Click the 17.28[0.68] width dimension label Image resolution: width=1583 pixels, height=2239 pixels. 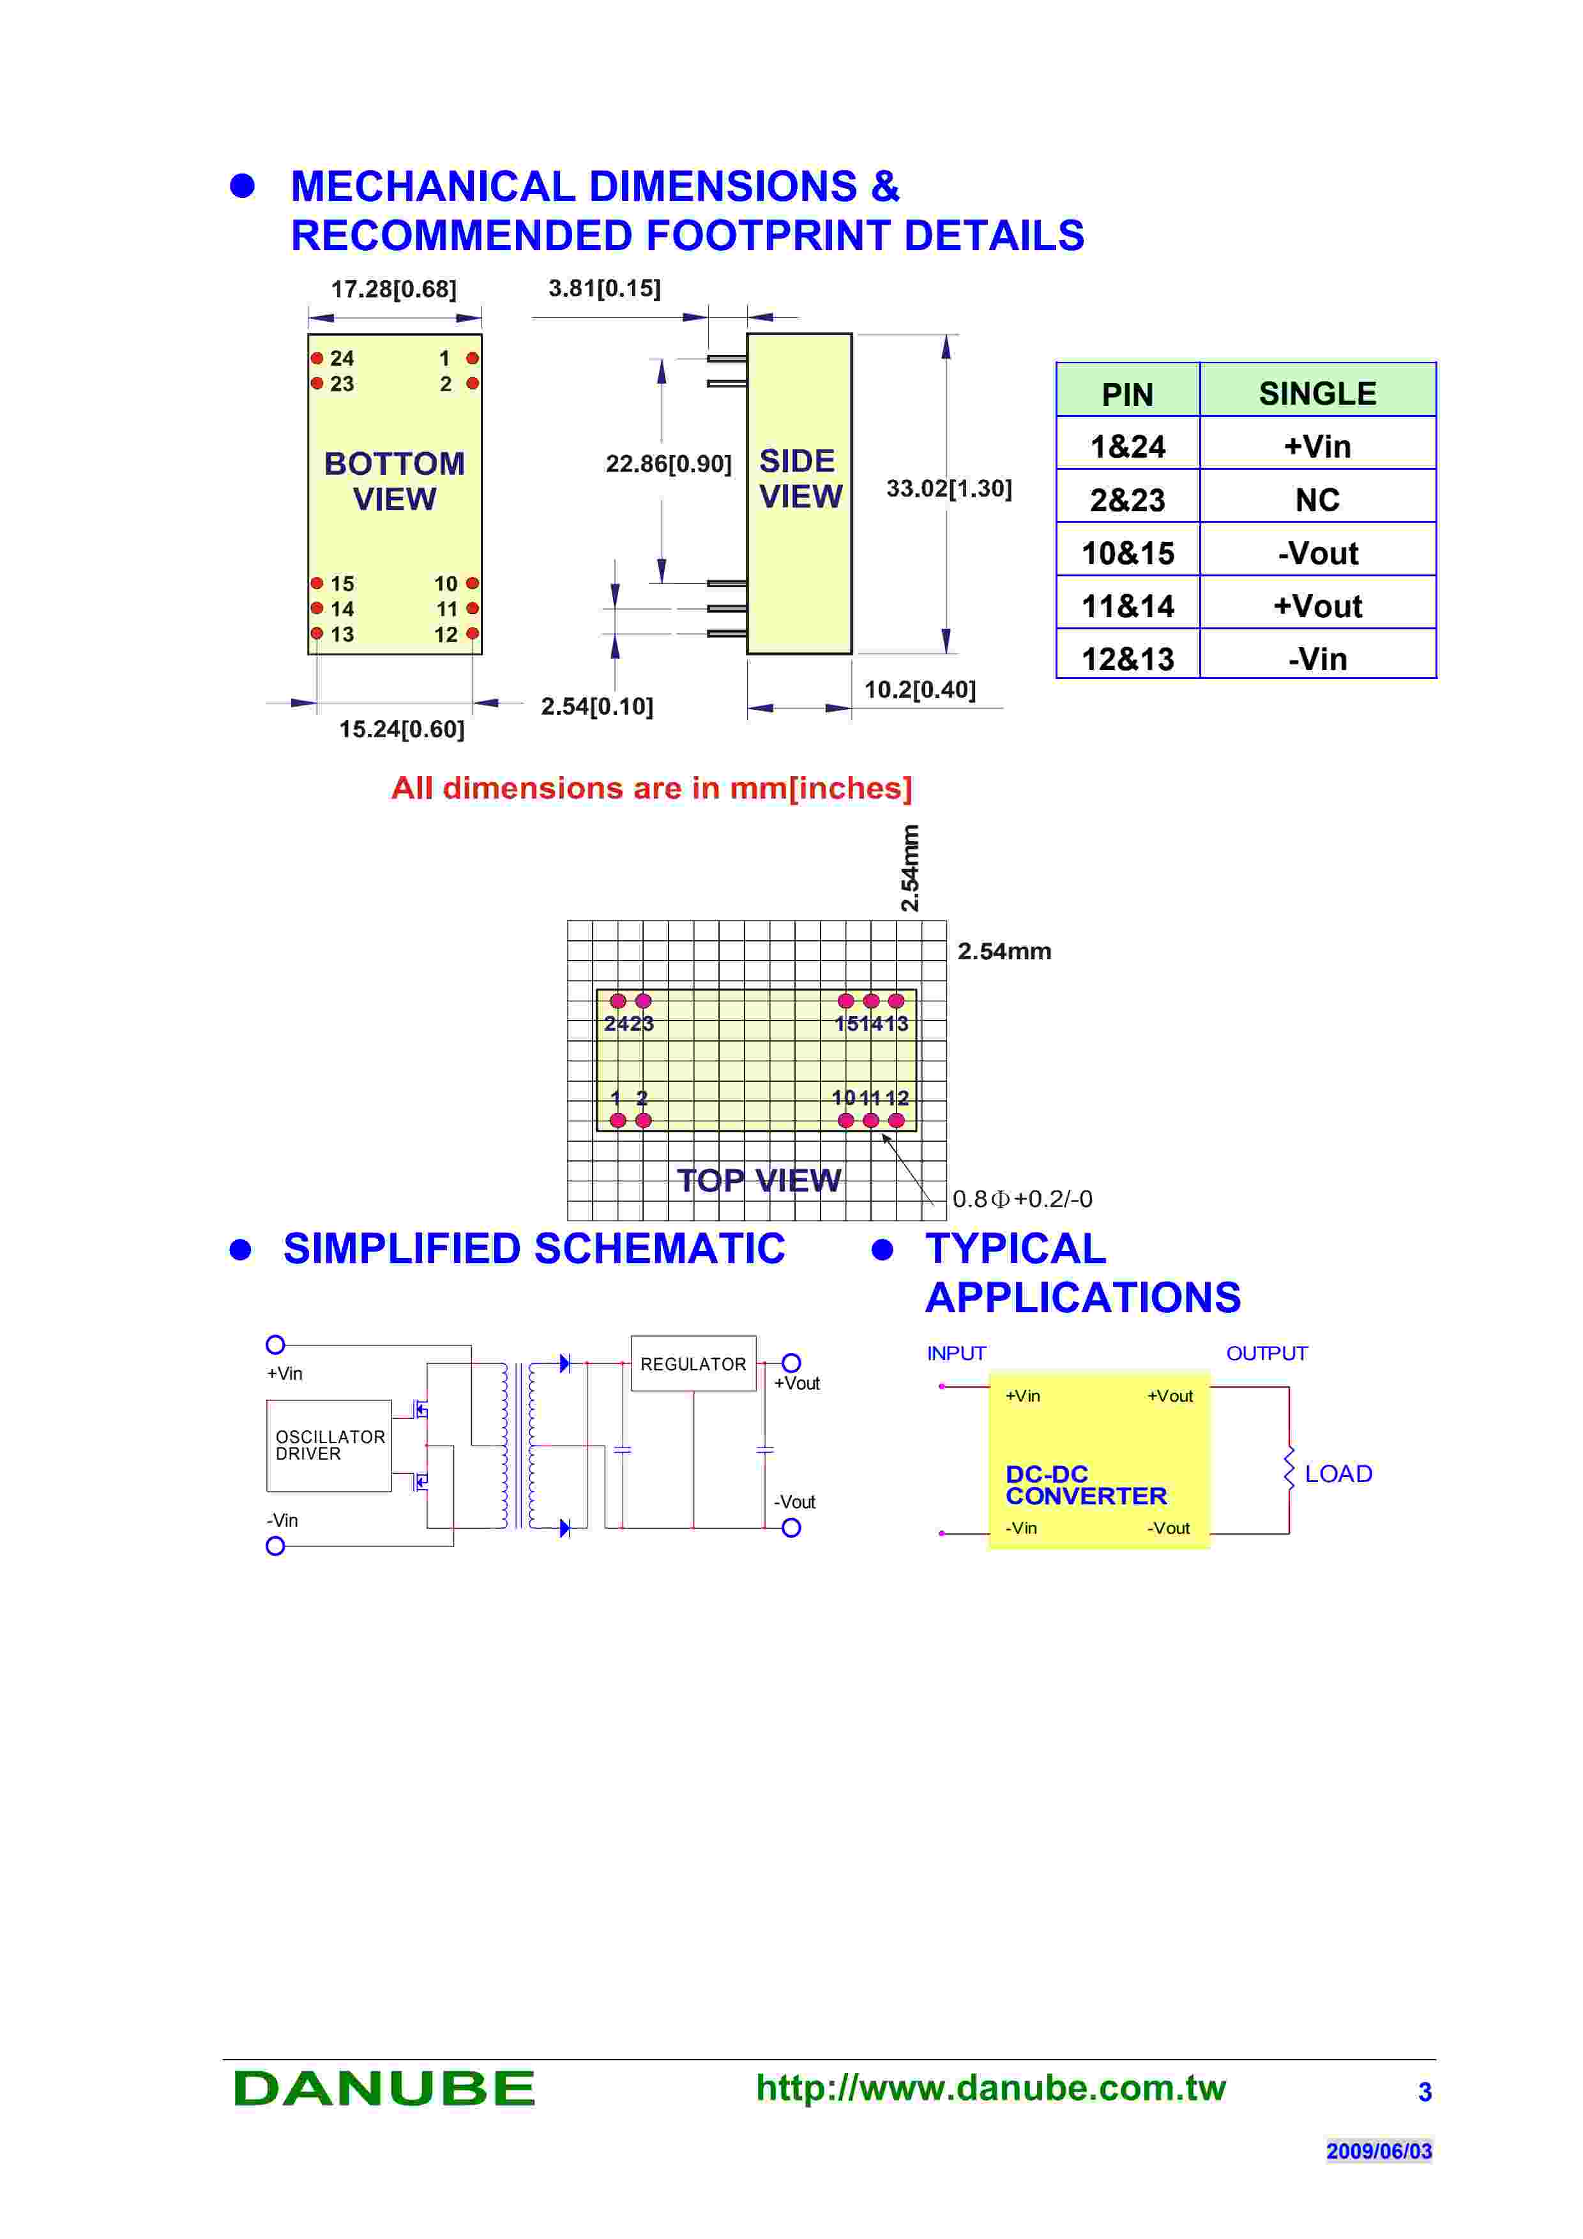pos(393,290)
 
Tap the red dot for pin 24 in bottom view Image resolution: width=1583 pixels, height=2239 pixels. pos(317,358)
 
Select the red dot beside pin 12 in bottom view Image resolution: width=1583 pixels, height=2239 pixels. pos(473,634)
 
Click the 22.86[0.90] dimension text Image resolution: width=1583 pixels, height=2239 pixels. pos(668,464)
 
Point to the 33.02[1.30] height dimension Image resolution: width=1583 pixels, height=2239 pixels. pos(948,488)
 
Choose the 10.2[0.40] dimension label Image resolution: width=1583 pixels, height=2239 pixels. pos(919,691)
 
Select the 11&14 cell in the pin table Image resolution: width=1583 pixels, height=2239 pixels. pos(1128,606)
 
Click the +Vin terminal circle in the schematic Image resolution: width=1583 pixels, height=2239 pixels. pos(276,1345)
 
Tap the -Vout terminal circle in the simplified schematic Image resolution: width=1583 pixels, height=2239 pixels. pos(791,1528)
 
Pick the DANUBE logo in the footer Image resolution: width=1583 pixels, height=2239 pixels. pos(384,2089)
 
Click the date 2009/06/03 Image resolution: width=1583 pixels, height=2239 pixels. pos(1378,2150)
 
